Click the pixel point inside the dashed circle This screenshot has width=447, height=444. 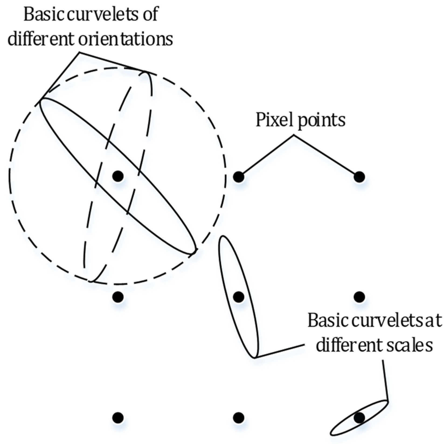[x=118, y=176]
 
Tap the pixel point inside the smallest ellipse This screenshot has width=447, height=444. [x=359, y=418]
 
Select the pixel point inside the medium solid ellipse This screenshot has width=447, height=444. [x=238, y=297]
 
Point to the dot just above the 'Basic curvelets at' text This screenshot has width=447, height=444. [x=359, y=297]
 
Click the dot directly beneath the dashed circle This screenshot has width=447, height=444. [x=118, y=297]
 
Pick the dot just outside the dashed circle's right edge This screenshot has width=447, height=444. [x=238, y=177]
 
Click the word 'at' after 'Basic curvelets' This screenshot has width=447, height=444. [x=434, y=321]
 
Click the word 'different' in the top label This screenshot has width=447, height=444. [x=40, y=40]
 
